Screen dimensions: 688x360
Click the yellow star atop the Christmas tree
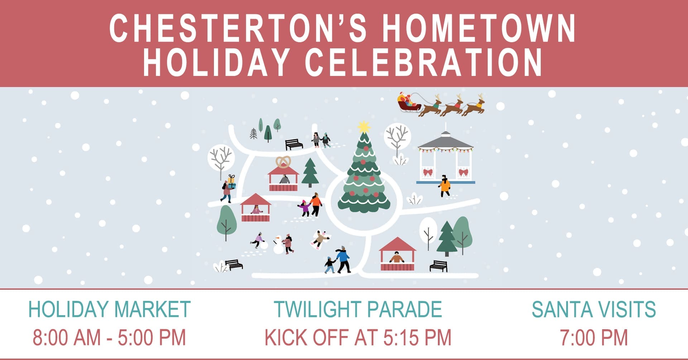(364, 127)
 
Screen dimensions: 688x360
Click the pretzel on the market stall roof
(283, 162)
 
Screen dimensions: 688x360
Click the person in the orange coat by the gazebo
(444, 186)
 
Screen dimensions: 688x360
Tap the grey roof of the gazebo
(445, 141)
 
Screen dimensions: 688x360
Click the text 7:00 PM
(594, 337)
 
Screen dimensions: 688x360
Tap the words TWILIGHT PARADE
(358, 309)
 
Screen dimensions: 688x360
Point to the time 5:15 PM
(417, 337)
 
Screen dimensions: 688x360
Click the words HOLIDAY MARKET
(109, 309)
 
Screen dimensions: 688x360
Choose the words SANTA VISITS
(594, 309)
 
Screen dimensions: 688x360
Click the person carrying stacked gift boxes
(228, 189)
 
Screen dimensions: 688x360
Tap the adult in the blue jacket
(343, 259)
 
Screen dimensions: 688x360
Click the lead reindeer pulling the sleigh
(474, 105)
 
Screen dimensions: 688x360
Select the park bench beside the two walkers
(294, 144)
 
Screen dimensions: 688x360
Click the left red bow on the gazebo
(427, 172)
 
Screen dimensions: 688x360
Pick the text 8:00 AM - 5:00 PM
(109, 337)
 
